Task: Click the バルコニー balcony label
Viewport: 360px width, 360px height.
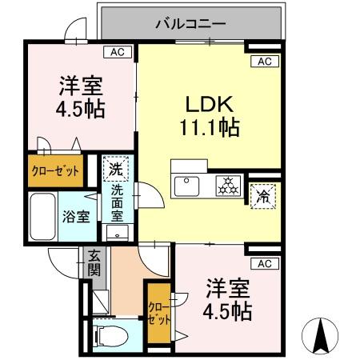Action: [x=190, y=23]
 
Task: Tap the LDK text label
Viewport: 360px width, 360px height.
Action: [x=210, y=104]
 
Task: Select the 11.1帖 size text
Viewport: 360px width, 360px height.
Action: [x=210, y=127]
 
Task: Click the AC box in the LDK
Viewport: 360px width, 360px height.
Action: [x=265, y=62]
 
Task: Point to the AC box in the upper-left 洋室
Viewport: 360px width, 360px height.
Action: [x=118, y=52]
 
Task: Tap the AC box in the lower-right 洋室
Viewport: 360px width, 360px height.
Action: [x=265, y=263]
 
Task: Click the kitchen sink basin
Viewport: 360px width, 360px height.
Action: [x=186, y=186]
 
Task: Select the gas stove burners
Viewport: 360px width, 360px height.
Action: [x=228, y=186]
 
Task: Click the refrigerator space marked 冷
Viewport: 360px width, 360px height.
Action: [x=263, y=197]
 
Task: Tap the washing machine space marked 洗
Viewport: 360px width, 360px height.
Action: [x=116, y=169]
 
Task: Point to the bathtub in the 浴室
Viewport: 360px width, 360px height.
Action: [x=43, y=216]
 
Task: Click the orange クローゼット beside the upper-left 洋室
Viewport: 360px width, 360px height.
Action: [x=55, y=170]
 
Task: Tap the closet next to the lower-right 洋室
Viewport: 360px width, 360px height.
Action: [x=159, y=314]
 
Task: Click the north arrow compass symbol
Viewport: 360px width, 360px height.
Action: [x=320, y=335]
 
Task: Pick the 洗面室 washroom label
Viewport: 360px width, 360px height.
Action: [x=117, y=203]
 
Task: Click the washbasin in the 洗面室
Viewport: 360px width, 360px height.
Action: [x=118, y=233]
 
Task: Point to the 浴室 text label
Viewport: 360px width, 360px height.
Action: [x=76, y=216]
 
